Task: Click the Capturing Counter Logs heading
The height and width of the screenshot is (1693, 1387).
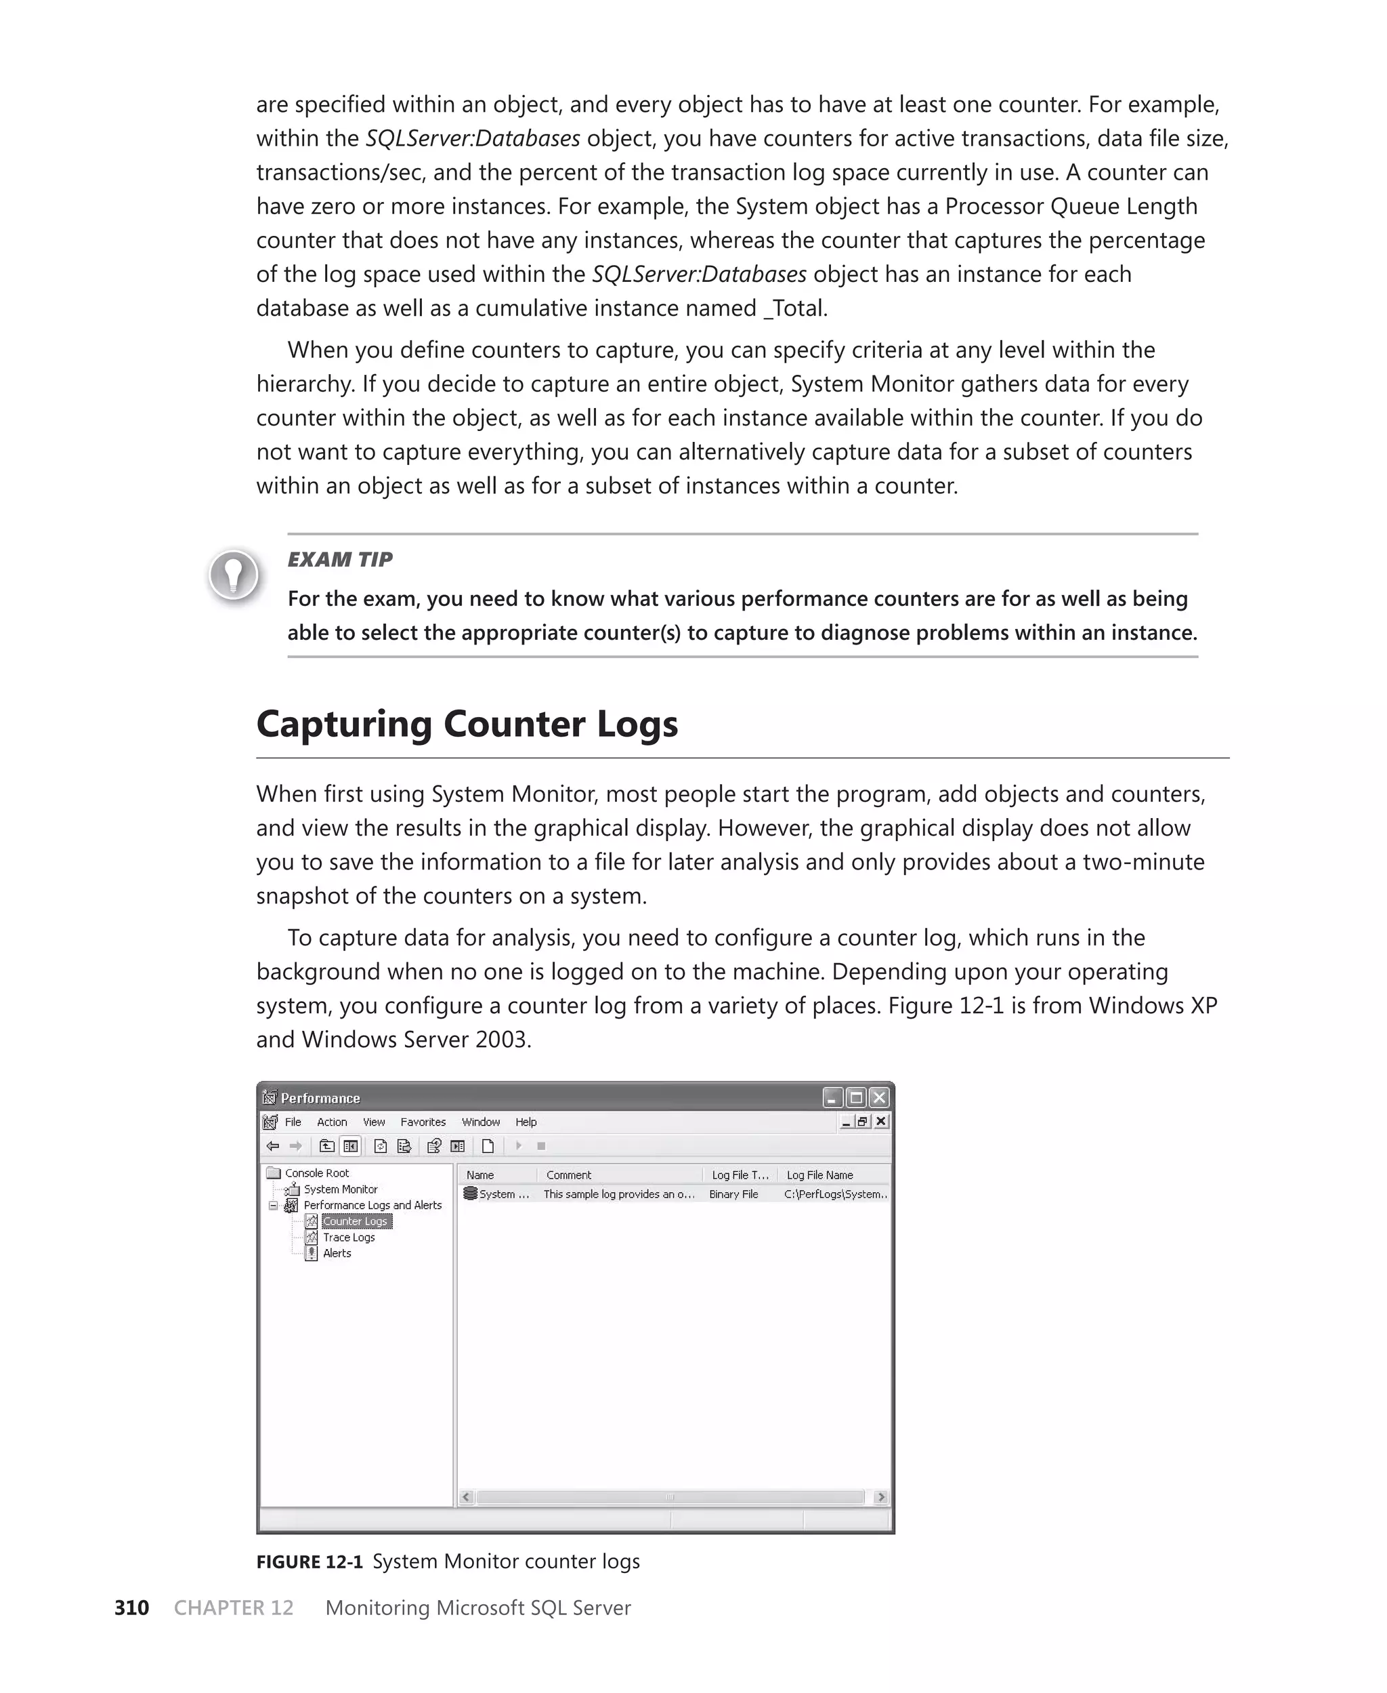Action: (x=467, y=725)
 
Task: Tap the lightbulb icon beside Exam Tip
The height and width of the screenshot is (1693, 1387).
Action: (x=233, y=574)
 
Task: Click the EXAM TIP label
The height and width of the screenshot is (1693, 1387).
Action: (x=339, y=560)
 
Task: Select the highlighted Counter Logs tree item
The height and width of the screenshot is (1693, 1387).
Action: (x=356, y=1221)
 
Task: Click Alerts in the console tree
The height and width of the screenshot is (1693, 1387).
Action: (x=337, y=1252)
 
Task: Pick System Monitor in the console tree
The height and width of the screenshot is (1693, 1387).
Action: (x=341, y=1189)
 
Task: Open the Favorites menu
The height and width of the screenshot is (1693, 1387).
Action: (x=423, y=1122)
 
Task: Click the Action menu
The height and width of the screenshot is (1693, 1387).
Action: (x=332, y=1122)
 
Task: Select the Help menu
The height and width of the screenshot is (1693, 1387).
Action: (x=526, y=1122)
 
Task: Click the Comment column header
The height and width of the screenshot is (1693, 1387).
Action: (x=569, y=1175)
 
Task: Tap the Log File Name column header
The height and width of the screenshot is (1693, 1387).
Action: (x=819, y=1175)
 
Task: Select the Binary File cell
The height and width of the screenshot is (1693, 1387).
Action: (x=733, y=1194)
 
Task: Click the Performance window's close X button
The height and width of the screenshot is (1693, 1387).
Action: (x=879, y=1097)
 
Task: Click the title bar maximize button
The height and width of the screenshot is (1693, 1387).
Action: (x=855, y=1097)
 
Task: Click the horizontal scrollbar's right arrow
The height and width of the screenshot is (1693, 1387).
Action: (x=880, y=1497)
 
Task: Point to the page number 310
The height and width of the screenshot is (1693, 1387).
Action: (x=132, y=1608)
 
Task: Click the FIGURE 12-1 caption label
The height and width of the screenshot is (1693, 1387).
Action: (x=310, y=1561)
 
